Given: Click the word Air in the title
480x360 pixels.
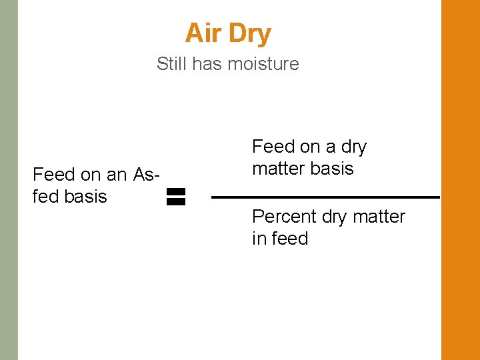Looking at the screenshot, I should point(203,33).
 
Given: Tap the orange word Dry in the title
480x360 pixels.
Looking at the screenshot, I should point(249,34).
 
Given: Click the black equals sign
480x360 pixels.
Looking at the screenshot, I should point(175,196).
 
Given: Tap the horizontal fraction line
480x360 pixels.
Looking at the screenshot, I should point(325,197).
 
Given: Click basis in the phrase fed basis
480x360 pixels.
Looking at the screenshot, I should point(85,197).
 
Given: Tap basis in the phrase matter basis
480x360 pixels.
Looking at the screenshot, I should point(331,169).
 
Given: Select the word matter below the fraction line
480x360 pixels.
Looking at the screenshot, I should point(378,217).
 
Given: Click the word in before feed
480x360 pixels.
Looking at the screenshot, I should point(258,238).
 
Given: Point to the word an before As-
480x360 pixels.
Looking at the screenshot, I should point(116,175).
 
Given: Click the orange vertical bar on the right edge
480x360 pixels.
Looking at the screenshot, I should point(460,180).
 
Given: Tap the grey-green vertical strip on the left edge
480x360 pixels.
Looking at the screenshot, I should point(9,180).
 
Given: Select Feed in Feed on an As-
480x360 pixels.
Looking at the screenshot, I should point(53,175).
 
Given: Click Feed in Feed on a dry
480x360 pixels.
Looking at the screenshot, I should point(272,147).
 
